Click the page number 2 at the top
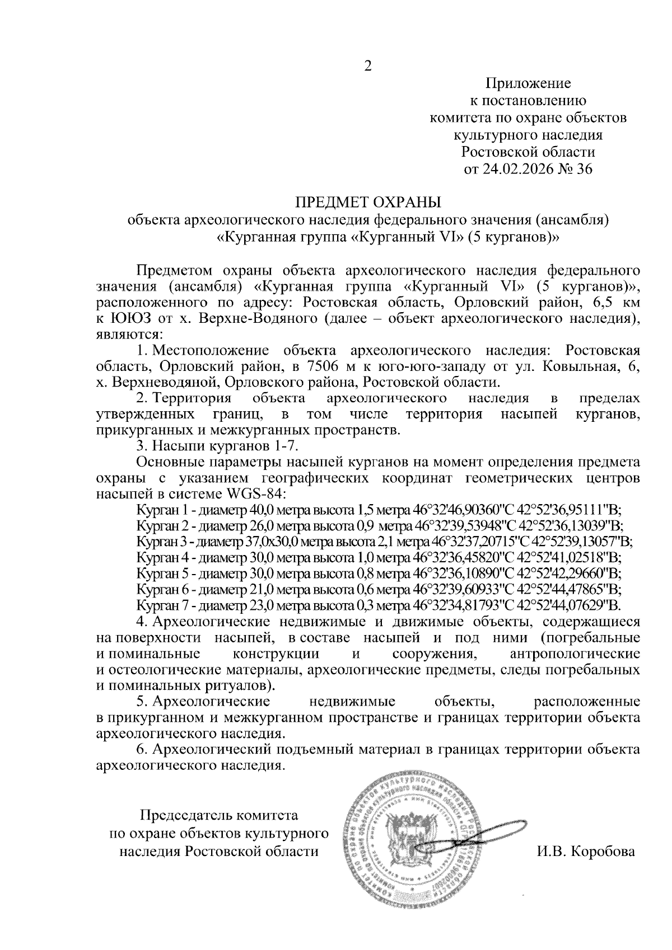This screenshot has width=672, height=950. (368, 66)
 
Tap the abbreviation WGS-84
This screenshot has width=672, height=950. (255, 495)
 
